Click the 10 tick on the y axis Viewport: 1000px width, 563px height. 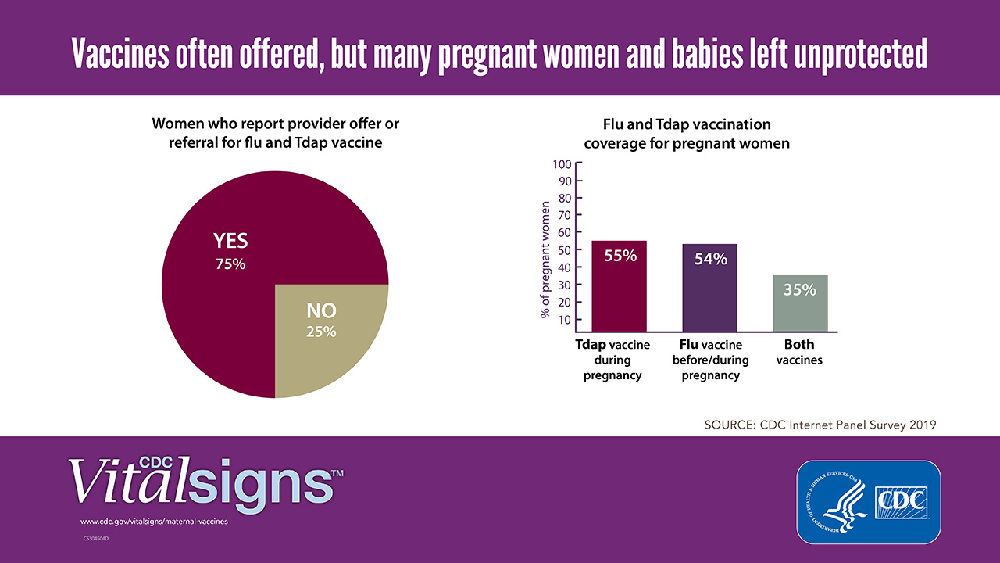point(563,320)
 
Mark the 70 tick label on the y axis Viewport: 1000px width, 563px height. point(563,216)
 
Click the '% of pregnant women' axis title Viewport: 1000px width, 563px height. point(545,260)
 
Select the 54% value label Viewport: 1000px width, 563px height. point(710,259)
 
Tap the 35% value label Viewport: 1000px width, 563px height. point(799,290)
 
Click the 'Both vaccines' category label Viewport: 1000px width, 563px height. point(799,352)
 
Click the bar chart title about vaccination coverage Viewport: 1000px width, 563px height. point(687,134)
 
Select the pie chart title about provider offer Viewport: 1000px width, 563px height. point(275,134)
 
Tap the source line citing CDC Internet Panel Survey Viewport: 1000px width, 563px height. point(820,425)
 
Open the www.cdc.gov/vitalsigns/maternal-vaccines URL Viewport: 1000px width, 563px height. point(154,522)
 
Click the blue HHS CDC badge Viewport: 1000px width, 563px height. point(868,501)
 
